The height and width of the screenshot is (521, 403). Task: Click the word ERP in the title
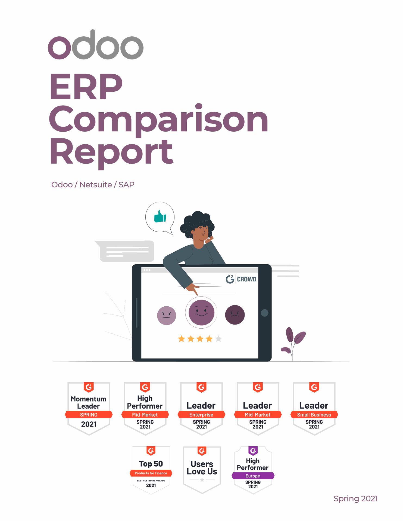tap(86, 87)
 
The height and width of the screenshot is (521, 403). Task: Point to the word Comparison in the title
tap(158, 119)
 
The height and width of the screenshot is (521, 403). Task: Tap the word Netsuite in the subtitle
tap(95, 185)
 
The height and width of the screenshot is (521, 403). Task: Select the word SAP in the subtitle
tap(126, 185)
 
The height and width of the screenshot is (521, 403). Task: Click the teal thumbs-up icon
tap(160, 217)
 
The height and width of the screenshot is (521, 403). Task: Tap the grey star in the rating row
tap(218, 339)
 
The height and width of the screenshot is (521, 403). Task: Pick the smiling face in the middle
tap(201, 312)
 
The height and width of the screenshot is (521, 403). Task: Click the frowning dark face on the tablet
tap(235, 315)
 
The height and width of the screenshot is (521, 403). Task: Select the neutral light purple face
tap(167, 315)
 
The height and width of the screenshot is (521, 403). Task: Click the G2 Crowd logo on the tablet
tap(241, 279)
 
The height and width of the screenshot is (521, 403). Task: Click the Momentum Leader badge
tap(89, 408)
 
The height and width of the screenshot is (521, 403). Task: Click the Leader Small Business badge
tap(314, 408)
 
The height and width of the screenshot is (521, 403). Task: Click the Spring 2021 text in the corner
tap(355, 498)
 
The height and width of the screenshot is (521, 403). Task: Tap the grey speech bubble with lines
tap(126, 251)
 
